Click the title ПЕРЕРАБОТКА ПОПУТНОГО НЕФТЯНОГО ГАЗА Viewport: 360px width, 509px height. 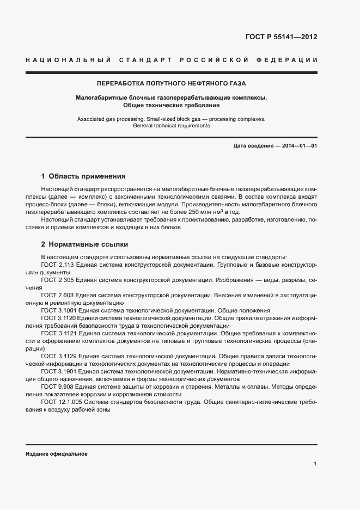point(171,84)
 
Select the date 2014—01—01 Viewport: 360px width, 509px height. point(298,146)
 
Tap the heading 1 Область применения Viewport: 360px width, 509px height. point(83,176)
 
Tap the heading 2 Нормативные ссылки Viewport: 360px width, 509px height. point(84,245)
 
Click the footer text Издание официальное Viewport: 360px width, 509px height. point(56,453)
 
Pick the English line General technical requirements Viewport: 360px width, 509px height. point(171,125)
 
